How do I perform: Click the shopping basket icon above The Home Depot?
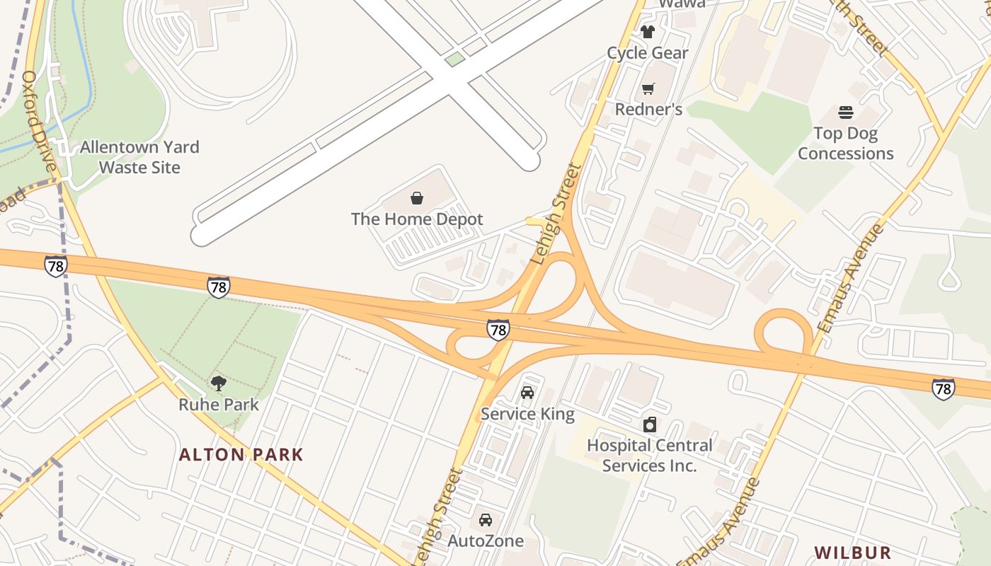click(x=417, y=198)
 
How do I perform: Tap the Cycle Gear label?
click(x=647, y=53)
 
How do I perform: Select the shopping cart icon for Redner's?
click(x=648, y=88)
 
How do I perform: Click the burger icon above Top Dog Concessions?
click(x=845, y=112)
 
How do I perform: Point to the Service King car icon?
click(x=527, y=393)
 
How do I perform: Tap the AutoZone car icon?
click(x=486, y=520)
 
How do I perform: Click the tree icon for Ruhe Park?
click(x=219, y=383)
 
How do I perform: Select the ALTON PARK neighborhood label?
click(x=241, y=454)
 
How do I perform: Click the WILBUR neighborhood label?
click(x=852, y=553)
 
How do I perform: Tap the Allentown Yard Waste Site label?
click(x=139, y=157)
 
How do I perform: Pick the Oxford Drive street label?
click(x=39, y=120)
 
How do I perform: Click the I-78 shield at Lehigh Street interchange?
click(x=498, y=330)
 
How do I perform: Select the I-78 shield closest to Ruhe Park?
click(x=219, y=287)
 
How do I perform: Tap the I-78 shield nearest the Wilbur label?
click(x=942, y=388)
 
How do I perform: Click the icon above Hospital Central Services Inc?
click(x=649, y=424)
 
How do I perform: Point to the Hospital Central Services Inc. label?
click(x=649, y=456)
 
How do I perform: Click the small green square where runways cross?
click(x=455, y=59)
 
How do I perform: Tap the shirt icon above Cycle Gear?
click(x=647, y=32)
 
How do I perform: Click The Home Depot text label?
click(x=417, y=219)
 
